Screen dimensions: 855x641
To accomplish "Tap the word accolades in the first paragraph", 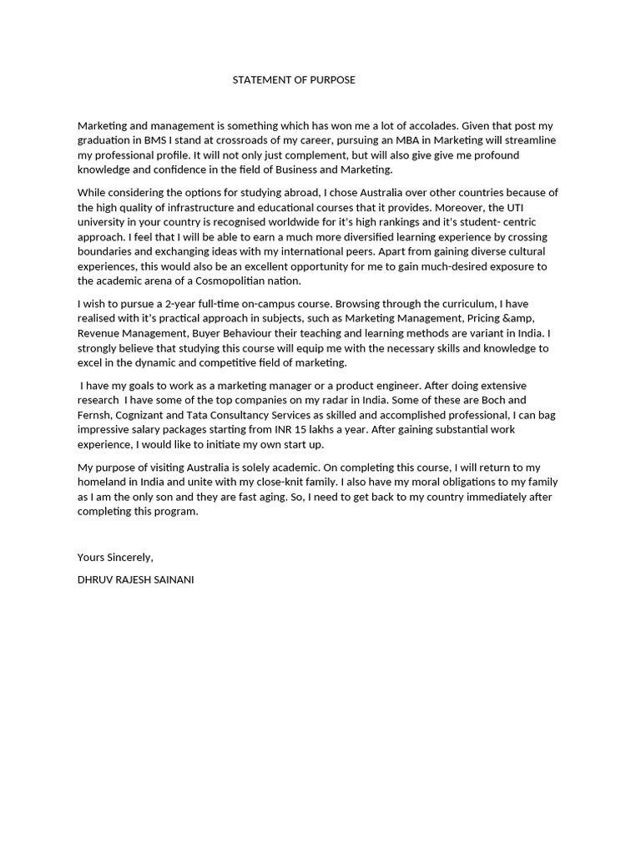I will [x=432, y=125].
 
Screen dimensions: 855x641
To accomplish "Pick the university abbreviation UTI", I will [x=541, y=207].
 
